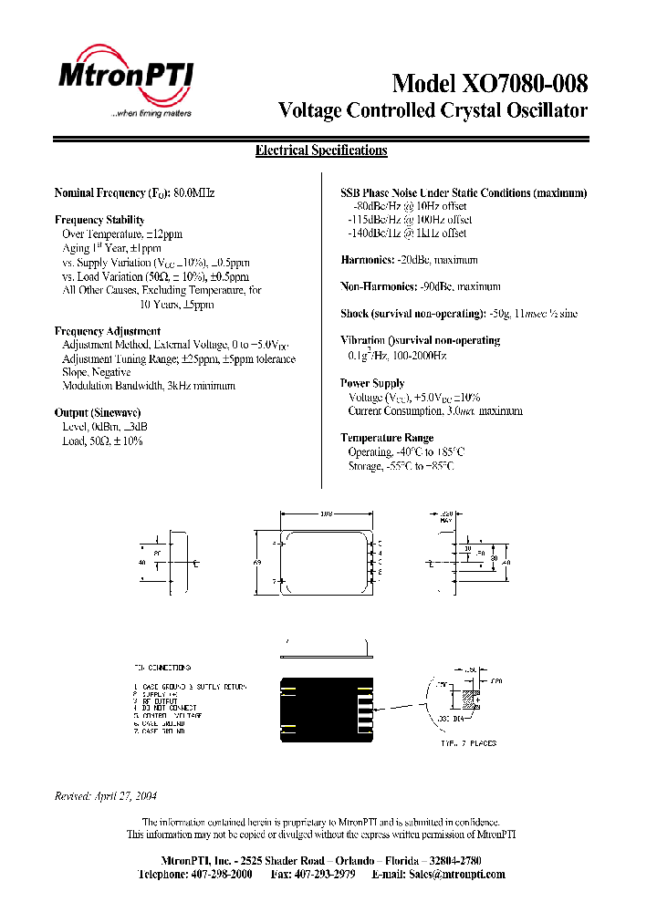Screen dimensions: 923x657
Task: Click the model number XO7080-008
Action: [x=523, y=84]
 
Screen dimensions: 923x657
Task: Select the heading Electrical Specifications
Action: [x=321, y=151]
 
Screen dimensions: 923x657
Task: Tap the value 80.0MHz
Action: [x=193, y=193]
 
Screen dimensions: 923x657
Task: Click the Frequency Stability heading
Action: [x=99, y=220]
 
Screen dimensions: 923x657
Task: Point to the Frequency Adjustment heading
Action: [x=108, y=331]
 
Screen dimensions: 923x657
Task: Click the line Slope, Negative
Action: [x=97, y=372]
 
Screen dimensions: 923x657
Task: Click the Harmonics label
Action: [x=366, y=260]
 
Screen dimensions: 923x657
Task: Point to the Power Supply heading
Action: [x=372, y=384]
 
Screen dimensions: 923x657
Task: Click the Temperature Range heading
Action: [x=387, y=439]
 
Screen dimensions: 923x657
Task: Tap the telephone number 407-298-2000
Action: [x=221, y=875]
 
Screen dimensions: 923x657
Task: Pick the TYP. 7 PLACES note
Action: [x=469, y=743]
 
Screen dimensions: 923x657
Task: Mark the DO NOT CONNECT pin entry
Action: [x=168, y=708]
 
